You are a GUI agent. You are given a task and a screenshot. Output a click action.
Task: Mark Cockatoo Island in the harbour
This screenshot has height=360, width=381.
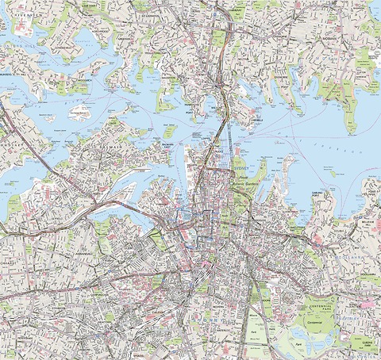(79, 112)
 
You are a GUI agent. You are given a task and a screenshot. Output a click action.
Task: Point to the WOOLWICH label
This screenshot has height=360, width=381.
(88, 81)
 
